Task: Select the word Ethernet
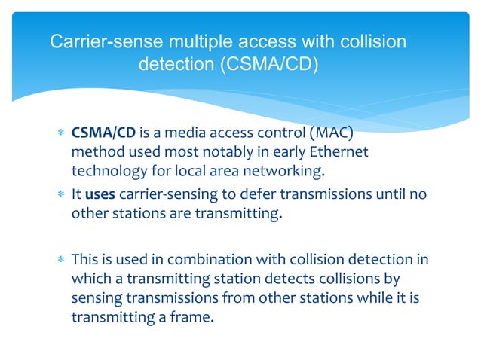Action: tap(340, 152)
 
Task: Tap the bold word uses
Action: tap(100, 194)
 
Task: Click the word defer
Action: tap(249, 194)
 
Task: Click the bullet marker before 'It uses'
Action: tap(60, 195)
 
